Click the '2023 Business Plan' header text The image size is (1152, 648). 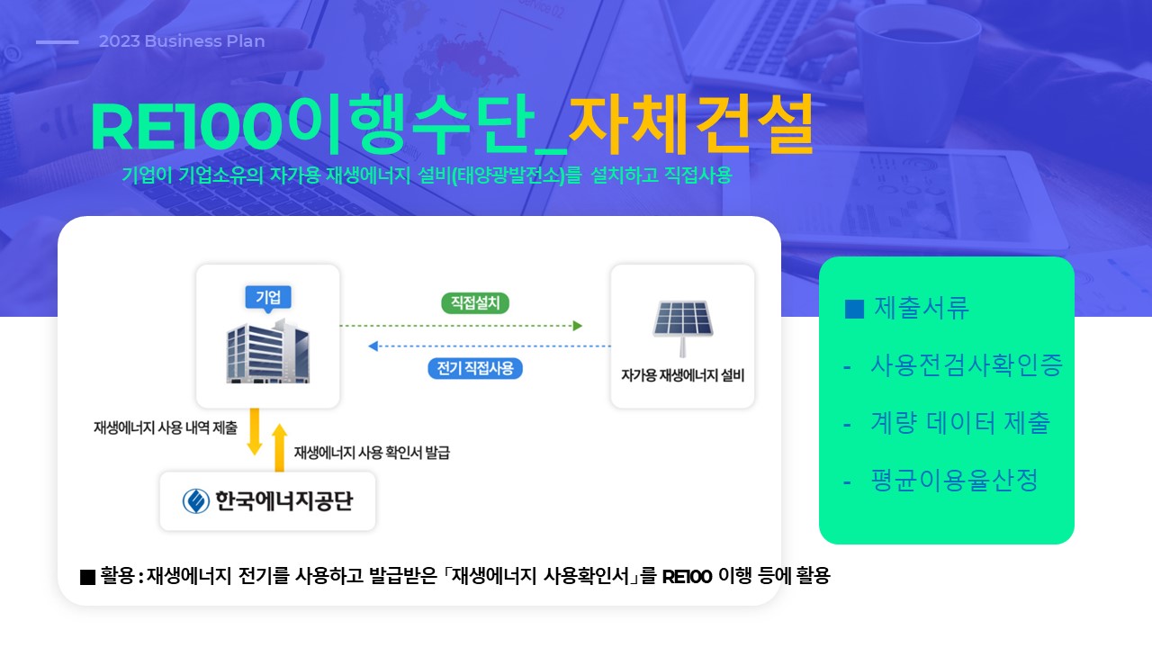pyautogui.click(x=182, y=41)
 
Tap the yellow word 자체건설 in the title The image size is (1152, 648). pyautogui.click(x=691, y=124)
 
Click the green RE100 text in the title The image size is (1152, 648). pyautogui.click(x=186, y=127)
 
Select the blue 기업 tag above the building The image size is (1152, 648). pyautogui.click(x=268, y=298)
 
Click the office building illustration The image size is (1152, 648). pyautogui.click(x=268, y=351)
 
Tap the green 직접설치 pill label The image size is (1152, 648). pyautogui.click(x=475, y=303)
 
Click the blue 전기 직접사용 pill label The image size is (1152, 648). pyautogui.click(x=475, y=368)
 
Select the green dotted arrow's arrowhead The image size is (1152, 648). pyautogui.click(x=578, y=326)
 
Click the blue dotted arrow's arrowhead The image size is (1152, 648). pyautogui.click(x=373, y=346)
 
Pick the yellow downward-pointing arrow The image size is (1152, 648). pyautogui.click(x=254, y=431)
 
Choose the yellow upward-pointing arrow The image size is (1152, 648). pyautogui.click(x=279, y=447)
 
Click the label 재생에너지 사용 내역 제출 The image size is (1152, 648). pyautogui.click(x=166, y=427)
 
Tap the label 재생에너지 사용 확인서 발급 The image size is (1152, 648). pyautogui.click(x=372, y=453)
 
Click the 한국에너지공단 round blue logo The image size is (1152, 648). pyautogui.click(x=196, y=501)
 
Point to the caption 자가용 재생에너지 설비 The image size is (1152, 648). pyautogui.click(x=682, y=375)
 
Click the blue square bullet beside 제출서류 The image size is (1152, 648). pyautogui.click(x=854, y=309)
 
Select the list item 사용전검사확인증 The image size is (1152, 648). pyautogui.click(x=967, y=365)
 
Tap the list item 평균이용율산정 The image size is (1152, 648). pyautogui.click(x=954, y=481)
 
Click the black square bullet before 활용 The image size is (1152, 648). pyautogui.click(x=88, y=577)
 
